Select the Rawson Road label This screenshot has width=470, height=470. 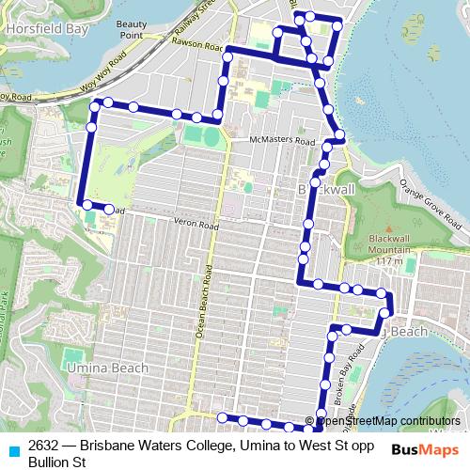pyautogui.click(x=195, y=44)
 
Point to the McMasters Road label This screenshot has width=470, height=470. pyautogui.click(x=281, y=140)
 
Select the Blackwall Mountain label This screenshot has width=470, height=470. pyautogui.click(x=391, y=243)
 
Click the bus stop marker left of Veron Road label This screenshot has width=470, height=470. pyautogui.click(x=108, y=209)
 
